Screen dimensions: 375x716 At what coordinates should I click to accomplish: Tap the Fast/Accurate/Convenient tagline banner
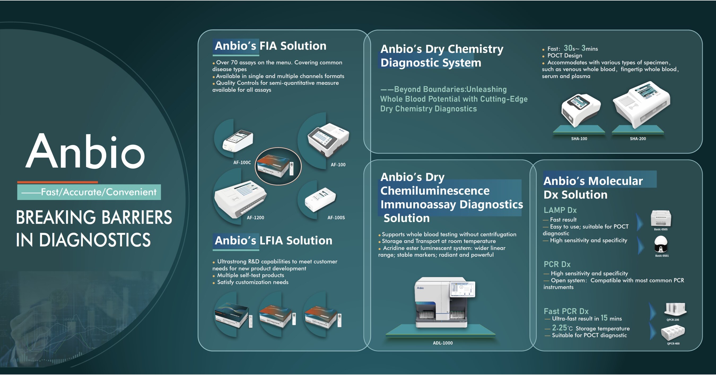click(x=89, y=192)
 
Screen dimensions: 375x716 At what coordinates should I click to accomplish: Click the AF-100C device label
click(x=242, y=162)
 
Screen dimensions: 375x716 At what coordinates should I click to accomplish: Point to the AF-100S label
click(x=336, y=218)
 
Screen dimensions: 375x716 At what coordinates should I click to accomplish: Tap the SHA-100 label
click(x=579, y=139)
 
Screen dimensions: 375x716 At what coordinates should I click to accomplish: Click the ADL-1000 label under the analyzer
click(x=443, y=343)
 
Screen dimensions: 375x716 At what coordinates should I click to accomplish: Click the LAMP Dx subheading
click(x=560, y=210)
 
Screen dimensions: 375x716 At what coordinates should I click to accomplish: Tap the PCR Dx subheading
click(x=557, y=264)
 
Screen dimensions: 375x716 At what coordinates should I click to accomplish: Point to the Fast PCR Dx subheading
click(x=566, y=311)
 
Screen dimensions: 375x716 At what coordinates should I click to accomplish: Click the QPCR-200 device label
click(x=673, y=320)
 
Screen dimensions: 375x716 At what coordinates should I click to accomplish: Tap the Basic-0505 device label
click(x=660, y=229)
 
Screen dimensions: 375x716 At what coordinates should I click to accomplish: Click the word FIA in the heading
click(x=269, y=46)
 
